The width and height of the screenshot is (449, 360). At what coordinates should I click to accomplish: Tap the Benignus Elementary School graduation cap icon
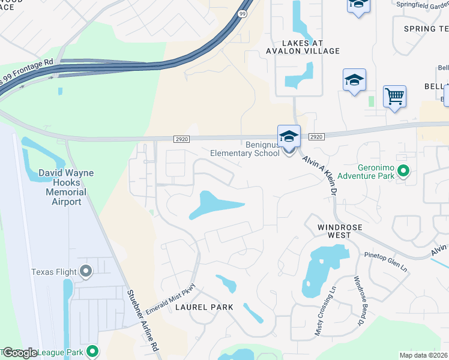click(289, 136)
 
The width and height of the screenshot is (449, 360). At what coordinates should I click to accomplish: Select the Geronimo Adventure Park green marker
click(404, 172)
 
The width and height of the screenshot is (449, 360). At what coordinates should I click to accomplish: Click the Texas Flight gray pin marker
click(85, 272)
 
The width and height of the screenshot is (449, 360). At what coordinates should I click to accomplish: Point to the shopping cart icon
click(394, 96)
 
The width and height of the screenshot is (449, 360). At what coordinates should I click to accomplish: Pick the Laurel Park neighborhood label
click(204, 307)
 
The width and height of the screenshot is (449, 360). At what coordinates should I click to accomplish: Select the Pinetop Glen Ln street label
click(386, 262)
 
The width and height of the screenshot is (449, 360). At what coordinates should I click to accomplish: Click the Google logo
click(20, 353)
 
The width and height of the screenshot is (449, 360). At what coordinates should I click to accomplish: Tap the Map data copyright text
click(424, 355)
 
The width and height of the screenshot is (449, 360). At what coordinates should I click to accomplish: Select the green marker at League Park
click(92, 351)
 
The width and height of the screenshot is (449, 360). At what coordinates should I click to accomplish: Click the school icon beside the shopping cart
click(354, 80)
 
